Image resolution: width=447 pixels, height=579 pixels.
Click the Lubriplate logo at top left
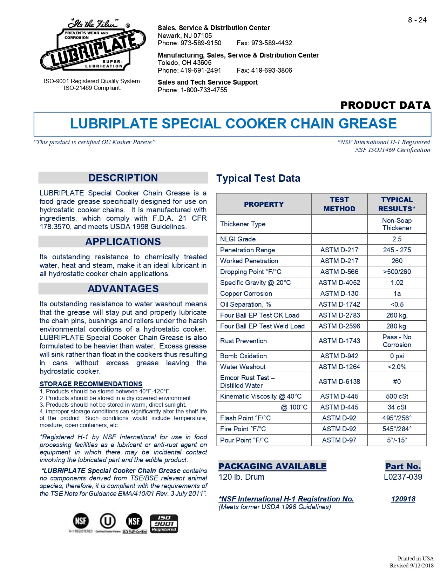point(93,46)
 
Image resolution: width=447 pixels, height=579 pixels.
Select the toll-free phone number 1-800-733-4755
point(204,90)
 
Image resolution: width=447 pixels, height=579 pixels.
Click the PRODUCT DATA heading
point(385,105)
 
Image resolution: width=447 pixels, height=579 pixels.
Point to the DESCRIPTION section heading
point(123,178)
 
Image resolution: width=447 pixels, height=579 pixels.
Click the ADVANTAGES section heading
point(123,289)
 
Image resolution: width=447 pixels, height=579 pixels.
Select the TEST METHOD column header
point(339,204)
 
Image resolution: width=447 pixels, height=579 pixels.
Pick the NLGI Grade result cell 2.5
point(397,239)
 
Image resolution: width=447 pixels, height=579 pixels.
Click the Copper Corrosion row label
point(246,293)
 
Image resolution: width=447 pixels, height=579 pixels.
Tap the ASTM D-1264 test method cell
point(339,367)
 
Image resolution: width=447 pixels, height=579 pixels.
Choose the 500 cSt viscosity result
point(397,396)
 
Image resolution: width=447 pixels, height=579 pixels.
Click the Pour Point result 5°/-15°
point(397,440)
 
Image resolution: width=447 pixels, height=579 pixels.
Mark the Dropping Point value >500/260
point(397,272)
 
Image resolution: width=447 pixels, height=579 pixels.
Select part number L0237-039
point(403,477)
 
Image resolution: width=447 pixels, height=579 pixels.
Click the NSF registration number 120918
point(403,499)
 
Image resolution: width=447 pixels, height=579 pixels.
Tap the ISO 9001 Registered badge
point(164,524)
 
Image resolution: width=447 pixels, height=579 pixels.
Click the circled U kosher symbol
point(108,521)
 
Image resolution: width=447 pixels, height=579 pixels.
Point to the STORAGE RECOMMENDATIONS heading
point(91,384)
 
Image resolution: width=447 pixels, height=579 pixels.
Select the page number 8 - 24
point(417,20)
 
